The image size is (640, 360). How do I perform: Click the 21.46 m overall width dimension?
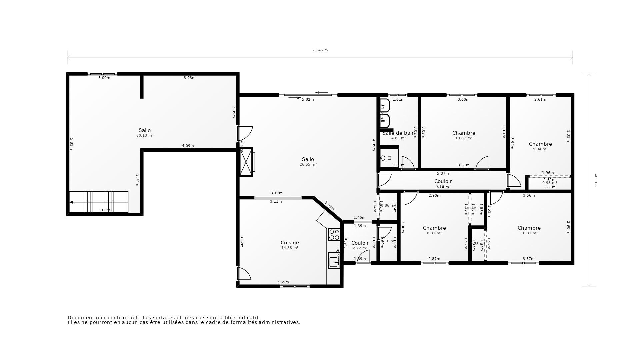pos(320,50)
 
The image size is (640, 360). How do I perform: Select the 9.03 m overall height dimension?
pos(596,180)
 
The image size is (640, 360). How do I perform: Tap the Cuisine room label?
pos(290,243)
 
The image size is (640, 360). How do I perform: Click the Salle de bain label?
pos(398,133)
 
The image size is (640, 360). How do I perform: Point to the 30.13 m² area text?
pos(145,136)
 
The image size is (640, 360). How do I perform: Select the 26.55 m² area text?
pos(308,165)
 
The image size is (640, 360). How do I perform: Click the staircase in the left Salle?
pos(99,202)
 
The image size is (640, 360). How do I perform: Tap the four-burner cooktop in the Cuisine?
pos(334,234)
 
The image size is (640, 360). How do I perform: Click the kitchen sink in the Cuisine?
pos(334,260)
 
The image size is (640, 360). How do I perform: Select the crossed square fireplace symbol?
pos(246,162)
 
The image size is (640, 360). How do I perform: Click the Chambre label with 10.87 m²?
pos(464,133)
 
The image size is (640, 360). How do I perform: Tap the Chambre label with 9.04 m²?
pos(540,144)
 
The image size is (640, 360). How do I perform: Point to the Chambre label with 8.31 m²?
pos(434,228)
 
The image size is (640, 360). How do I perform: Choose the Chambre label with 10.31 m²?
pos(529,228)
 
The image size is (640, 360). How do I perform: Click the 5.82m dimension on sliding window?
pos(308,99)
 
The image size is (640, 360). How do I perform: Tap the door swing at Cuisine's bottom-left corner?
pos(244,274)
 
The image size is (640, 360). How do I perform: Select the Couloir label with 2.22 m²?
pos(360,243)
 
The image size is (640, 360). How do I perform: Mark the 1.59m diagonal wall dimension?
pos(329,206)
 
